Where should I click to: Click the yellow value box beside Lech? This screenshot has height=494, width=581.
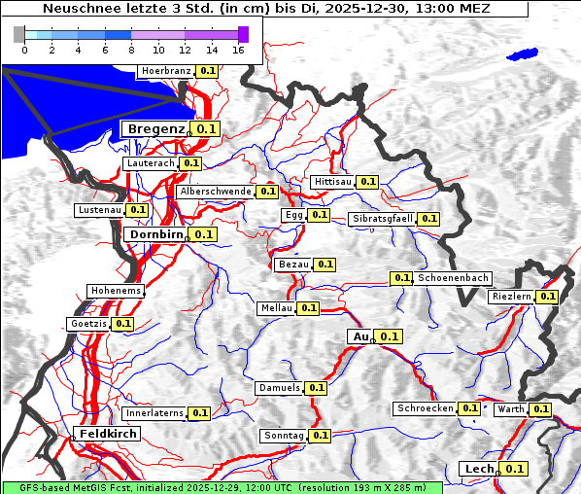[x=514, y=469]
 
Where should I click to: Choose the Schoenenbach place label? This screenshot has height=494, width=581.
[x=453, y=278]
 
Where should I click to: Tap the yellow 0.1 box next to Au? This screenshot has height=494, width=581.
[x=389, y=336]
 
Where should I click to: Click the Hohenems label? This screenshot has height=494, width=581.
[x=116, y=291]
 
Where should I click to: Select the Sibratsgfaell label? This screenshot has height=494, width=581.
[x=382, y=219]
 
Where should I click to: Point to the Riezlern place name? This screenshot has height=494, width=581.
[x=512, y=296]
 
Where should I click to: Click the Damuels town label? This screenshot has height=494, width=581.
[x=279, y=388]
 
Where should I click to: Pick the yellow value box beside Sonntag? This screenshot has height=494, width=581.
[x=320, y=436]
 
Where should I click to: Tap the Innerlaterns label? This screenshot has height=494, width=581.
[x=154, y=413]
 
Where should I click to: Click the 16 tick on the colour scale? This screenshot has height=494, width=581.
[x=238, y=49]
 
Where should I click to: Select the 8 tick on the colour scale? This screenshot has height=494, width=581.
[x=131, y=49]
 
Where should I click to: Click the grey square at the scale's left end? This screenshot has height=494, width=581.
[x=19, y=34]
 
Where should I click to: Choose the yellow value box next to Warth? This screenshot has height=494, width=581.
[x=540, y=409]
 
